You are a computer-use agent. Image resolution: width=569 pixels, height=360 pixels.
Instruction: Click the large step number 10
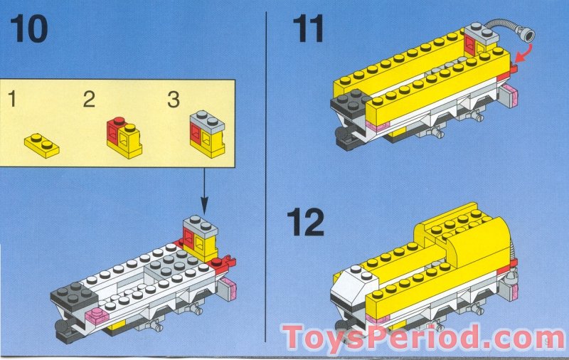(x=29, y=28)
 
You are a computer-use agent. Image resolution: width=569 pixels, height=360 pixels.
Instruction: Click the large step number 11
(x=308, y=28)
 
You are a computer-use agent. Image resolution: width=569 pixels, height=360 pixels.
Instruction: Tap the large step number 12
(x=305, y=222)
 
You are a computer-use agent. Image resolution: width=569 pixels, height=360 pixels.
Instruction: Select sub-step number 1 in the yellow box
(x=12, y=99)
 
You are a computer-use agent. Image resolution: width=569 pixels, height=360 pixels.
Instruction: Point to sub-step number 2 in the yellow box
(x=89, y=99)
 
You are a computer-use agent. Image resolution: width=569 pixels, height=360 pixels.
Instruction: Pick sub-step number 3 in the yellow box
(x=174, y=100)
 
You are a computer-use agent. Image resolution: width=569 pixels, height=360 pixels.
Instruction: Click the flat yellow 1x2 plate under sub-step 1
(x=42, y=145)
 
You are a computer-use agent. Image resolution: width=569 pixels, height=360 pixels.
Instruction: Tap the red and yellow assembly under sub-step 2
(x=124, y=137)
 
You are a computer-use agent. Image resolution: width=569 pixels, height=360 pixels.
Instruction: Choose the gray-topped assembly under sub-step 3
(x=207, y=134)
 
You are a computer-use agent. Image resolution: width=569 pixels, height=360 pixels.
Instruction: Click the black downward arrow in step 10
(x=204, y=191)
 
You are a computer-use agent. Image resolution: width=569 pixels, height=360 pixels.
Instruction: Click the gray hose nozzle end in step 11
(x=528, y=36)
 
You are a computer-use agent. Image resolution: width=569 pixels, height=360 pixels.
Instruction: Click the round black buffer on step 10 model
(x=62, y=325)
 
